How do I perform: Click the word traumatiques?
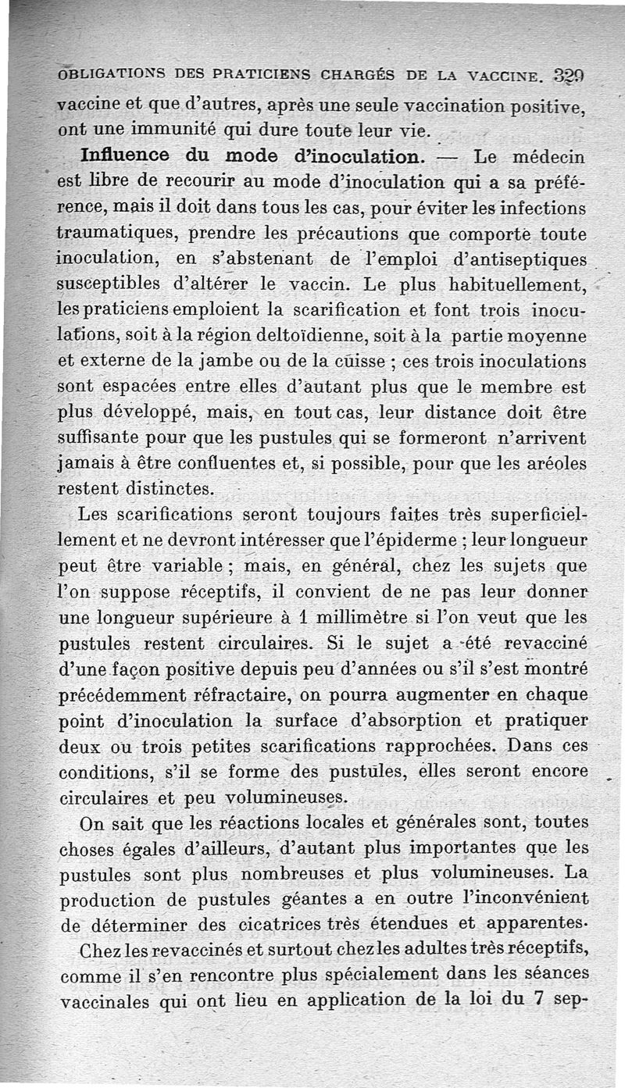coord(106,234)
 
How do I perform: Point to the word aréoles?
coord(556,465)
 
